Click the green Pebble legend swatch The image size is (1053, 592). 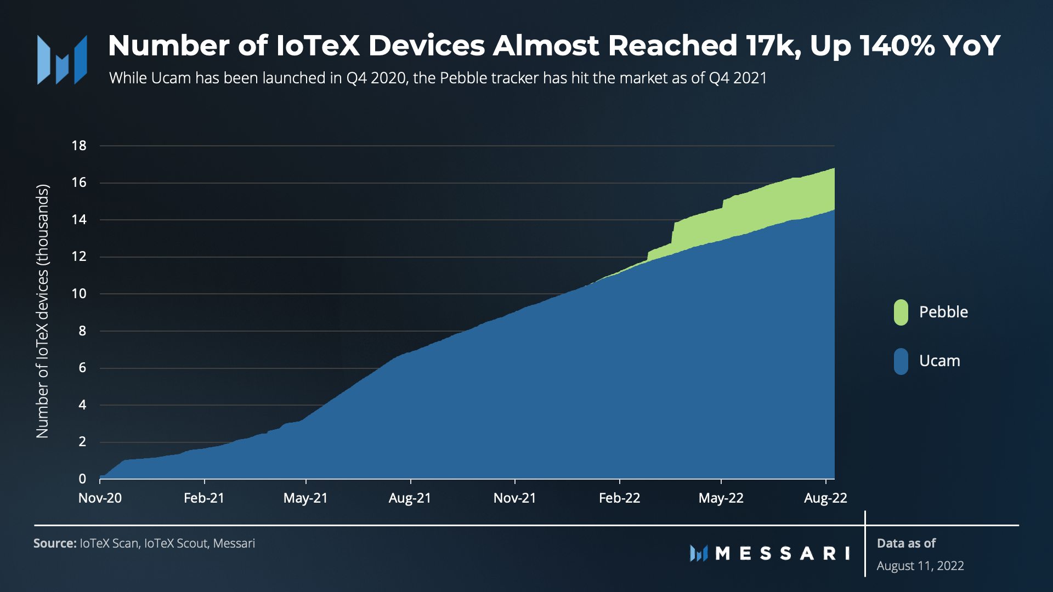coord(901,312)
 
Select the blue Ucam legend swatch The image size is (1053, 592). coord(901,361)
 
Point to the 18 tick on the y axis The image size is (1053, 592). coord(79,146)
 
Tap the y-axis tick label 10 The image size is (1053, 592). coord(79,294)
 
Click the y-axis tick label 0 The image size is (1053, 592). coord(82,479)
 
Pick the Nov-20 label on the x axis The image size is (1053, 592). coord(100,498)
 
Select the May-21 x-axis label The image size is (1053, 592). coord(305,498)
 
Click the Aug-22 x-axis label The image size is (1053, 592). coord(825,498)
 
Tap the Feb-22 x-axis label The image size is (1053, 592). coord(619,498)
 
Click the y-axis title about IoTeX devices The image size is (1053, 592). coord(42,311)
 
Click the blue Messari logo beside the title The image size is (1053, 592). coord(62,60)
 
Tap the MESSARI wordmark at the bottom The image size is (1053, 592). coord(782,554)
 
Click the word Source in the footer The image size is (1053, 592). coord(54,544)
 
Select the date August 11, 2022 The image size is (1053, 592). coord(920,566)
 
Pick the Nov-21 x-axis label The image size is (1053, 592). coord(514,498)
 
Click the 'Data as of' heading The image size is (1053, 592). coord(906,544)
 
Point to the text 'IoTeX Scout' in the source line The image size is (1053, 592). coord(175,544)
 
